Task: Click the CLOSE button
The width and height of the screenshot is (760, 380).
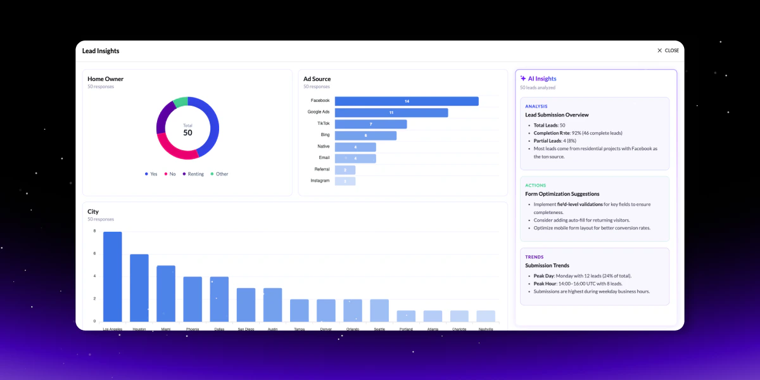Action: (x=668, y=51)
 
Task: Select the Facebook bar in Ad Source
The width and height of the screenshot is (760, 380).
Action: (x=407, y=101)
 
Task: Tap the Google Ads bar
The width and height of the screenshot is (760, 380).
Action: (x=391, y=113)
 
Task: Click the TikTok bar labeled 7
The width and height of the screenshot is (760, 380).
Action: (x=370, y=124)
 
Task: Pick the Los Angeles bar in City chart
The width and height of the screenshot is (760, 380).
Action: (x=113, y=277)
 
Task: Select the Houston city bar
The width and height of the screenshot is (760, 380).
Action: (x=139, y=288)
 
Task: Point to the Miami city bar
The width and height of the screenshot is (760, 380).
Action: (x=166, y=293)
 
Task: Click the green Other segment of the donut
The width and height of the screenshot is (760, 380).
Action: (x=180, y=101)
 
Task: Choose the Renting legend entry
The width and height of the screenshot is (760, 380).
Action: (x=193, y=174)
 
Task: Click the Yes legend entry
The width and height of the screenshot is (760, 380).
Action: (x=151, y=174)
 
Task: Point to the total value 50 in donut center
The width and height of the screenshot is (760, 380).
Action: (x=187, y=132)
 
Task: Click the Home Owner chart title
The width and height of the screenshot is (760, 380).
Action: (x=105, y=79)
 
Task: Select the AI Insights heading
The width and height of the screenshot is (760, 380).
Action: (x=542, y=79)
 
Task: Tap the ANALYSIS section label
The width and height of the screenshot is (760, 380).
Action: (x=536, y=106)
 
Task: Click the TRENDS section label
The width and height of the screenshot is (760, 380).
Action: (x=535, y=257)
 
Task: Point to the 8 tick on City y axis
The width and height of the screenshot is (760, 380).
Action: (x=94, y=231)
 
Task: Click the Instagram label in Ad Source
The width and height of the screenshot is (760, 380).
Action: (x=320, y=180)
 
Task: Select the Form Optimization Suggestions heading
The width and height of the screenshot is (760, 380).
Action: (x=562, y=194)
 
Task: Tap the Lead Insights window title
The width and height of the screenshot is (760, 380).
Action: (x=101, y=51)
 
